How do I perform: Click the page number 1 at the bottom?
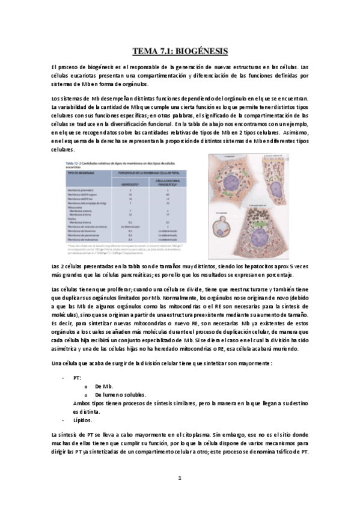point(180,478)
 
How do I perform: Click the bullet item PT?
point(77,378)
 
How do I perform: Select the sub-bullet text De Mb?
point(103,386)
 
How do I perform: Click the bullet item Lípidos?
point(82,420)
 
